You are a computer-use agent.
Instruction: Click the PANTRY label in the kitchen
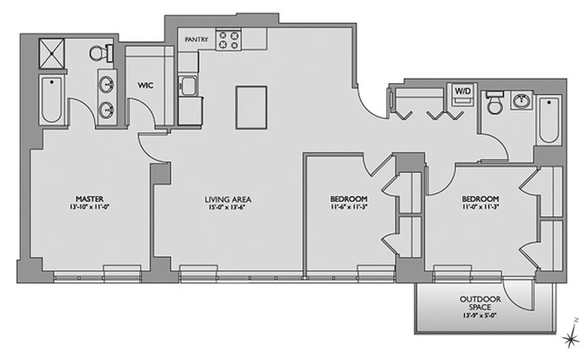point(197,40)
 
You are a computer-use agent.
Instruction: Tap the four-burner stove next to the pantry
point(228,40)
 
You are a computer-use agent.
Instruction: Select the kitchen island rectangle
point(251,107)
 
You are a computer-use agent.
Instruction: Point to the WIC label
point(146,85)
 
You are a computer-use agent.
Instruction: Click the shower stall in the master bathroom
point(52,53)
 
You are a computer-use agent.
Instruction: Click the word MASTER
point(90,198)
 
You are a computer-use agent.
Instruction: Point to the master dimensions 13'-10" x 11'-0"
point(90,207)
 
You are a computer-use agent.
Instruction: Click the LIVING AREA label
point(228,199)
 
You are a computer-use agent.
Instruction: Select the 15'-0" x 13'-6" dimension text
point(228,207)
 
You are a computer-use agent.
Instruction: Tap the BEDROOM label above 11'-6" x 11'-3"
point(349,198)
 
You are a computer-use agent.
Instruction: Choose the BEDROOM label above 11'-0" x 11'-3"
point(480,198)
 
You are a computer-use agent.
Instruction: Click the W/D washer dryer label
point(462,90)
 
